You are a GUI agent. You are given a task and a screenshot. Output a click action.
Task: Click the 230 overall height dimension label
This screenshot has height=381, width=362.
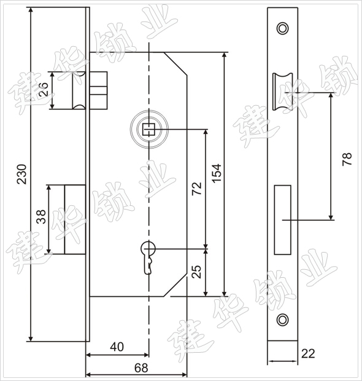click(21, 174)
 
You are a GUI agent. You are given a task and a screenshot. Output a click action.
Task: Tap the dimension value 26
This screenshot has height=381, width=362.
click(44, 89)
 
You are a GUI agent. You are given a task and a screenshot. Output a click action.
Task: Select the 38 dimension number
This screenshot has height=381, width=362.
click(40, 216)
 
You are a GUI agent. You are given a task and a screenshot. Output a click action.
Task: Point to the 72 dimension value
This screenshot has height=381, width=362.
click(196, 188)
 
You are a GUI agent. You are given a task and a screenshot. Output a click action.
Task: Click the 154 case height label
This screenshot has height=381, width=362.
click(217, 173)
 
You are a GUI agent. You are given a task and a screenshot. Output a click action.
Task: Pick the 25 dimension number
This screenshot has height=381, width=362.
click(196, 272)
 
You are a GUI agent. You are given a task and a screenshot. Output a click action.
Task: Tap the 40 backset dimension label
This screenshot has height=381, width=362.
click(117, 347)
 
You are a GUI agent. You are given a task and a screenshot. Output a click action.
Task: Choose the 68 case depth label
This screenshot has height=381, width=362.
click(141, 368)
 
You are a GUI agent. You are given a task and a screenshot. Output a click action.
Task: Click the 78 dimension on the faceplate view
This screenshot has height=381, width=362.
click(347, 159)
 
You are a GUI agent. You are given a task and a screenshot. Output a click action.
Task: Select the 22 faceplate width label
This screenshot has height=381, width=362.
click(308, 353)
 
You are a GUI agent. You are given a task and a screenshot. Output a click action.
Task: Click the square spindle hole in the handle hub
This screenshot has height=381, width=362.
click(148, 129)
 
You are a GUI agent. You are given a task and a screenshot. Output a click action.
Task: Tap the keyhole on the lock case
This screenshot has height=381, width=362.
click(148, 257)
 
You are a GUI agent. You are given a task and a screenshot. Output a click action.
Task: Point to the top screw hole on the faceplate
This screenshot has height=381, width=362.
click(283, 28)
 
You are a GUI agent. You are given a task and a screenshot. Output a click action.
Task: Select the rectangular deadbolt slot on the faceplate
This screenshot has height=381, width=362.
click(283, 220)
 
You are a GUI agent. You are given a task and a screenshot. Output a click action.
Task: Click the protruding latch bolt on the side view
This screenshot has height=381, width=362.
click(79, 90)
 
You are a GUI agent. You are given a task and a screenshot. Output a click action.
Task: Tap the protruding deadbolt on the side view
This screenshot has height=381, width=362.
click(75, 219)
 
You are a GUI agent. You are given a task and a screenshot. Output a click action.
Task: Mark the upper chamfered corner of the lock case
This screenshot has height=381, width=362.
click(175, 64)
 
